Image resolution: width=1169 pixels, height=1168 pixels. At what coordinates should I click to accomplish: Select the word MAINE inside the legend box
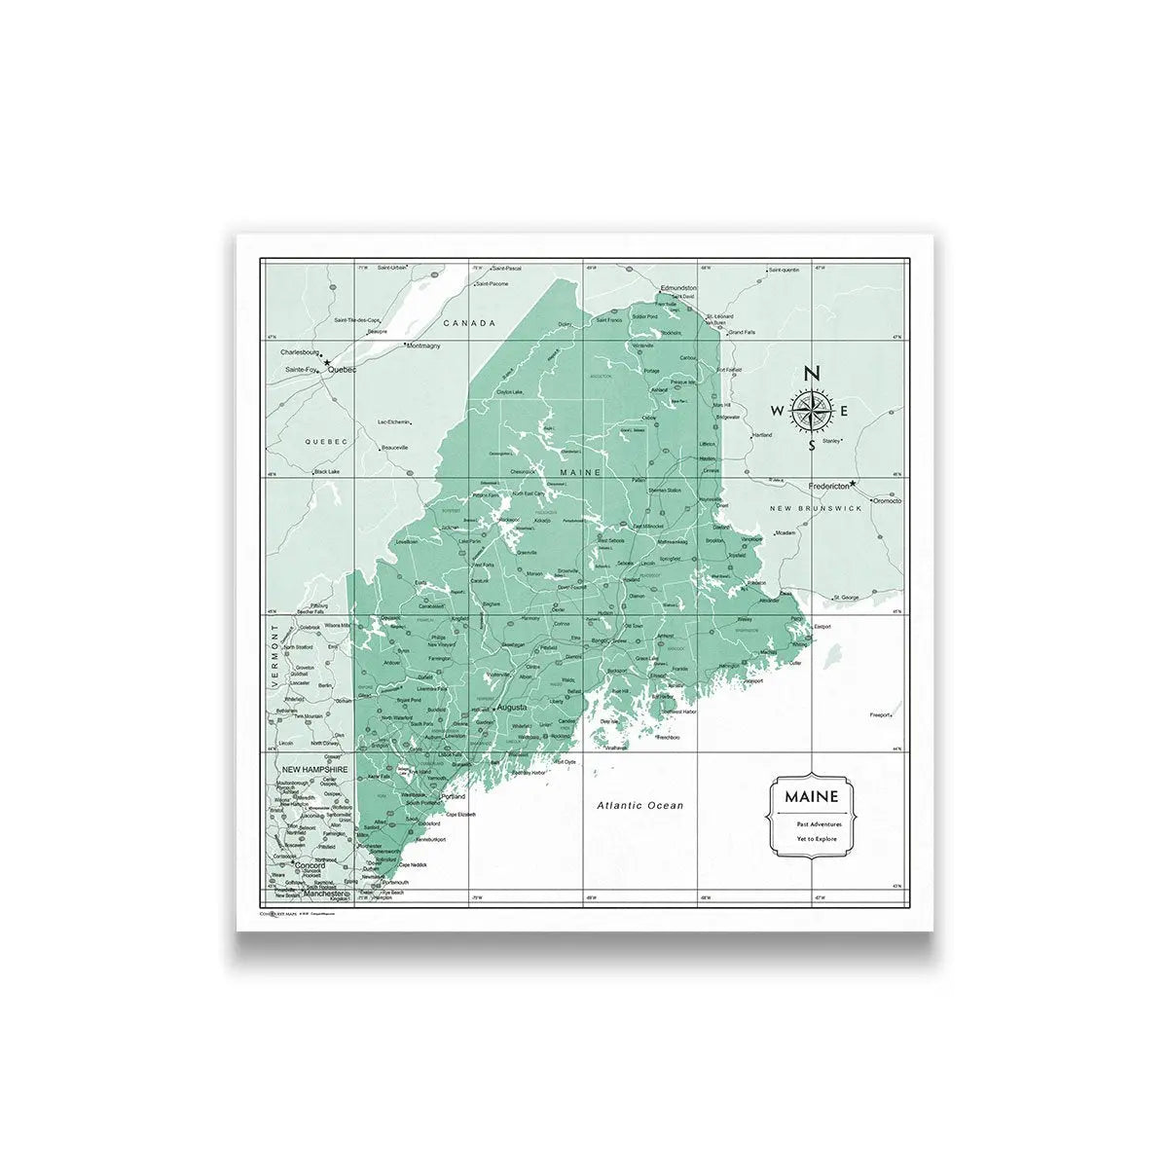tap(812, 797)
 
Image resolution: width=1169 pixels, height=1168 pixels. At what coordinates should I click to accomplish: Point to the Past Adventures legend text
tap(812, 823)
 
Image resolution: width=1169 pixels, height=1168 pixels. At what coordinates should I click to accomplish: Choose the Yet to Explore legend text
tap(812, 838)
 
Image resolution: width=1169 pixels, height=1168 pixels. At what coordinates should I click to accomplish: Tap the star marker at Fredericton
tap(853, 484)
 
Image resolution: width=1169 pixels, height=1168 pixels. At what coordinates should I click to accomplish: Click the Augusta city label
tap(512, 707)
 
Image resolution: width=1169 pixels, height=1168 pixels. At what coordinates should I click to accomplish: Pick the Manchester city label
tap(325, 893)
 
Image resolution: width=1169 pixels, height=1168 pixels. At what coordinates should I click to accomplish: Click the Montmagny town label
tap(423, 346)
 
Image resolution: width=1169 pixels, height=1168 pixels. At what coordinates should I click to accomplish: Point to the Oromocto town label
tap(888, 500)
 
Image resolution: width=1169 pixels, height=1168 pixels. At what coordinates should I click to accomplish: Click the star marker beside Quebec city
tap(327, 362)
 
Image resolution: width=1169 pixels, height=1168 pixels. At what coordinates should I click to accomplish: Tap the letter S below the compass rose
tap(812, 447)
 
